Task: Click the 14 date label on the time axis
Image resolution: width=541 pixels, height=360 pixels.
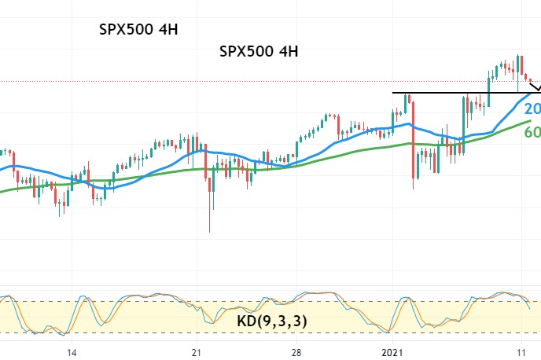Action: tap(72, 353)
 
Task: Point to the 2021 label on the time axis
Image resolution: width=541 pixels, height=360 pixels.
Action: tap(391, 353)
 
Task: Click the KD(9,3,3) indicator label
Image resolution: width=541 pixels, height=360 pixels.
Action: tap(272, 321)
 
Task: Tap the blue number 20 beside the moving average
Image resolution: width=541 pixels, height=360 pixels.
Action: tap(532, 109)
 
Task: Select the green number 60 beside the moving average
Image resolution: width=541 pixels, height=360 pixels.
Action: tap(532, 132)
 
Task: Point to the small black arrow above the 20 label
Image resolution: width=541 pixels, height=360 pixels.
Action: tap(535, 86)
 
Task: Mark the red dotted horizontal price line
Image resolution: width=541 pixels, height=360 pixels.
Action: tap(197, 81)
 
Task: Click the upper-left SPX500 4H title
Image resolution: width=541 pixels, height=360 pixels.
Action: tap(138, 31)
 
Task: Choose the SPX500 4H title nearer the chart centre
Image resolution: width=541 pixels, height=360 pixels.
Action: tap(258, 52)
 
